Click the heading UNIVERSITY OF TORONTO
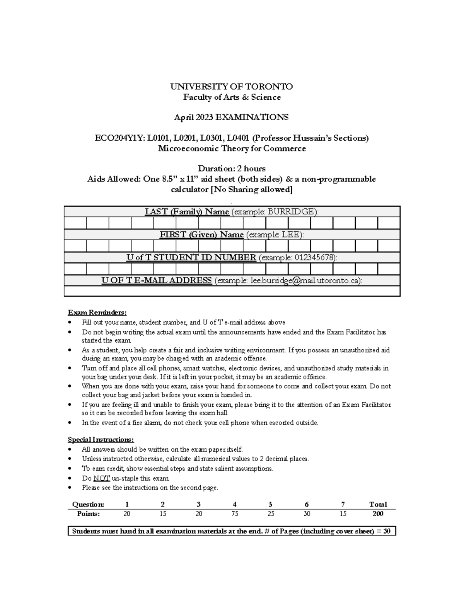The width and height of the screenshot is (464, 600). [x=231, y=87]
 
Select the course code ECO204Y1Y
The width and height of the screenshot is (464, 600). [x=119, y=138]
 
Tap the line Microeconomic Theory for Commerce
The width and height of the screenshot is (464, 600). [x=232, y=148]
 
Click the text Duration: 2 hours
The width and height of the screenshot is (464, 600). [x=232, y=168]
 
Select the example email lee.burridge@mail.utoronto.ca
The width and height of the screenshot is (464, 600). [x=305, y=281]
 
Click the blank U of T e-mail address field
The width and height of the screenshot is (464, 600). [x=232, y=291]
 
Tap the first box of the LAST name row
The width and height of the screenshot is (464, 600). [x=75, y=223]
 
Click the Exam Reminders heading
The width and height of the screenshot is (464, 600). [x=97, y=312]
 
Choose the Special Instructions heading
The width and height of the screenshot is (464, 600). [x=101, y=440]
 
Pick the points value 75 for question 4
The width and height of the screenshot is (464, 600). [x=234, y=514]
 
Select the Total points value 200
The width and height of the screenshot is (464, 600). [x=377, y=514]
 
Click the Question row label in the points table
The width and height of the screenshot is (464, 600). [x=88, y=504]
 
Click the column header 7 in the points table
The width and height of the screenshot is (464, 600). [x=343, y=504]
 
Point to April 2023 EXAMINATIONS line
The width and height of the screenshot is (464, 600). [x=231, y=117]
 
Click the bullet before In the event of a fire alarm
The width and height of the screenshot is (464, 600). [x=69, y=423]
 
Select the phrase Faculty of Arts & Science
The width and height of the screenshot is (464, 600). [x=232, y=97]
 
